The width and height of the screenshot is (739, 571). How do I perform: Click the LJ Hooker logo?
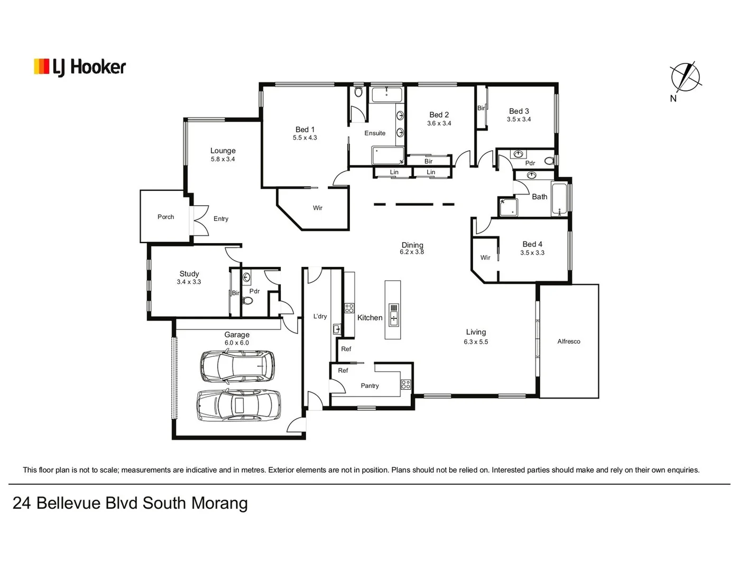click(80, 67)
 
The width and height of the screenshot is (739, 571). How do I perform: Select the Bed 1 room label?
click(305, 130)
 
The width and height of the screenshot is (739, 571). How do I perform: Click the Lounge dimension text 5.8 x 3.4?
click(223, 159)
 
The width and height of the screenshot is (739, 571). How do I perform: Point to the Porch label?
click(165, 217)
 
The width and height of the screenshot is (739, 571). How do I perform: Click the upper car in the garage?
click(237, 365)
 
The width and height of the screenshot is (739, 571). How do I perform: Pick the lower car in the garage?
click(238, 405)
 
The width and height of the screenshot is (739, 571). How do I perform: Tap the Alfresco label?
click(568, 342)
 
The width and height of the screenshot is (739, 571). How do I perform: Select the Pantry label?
click(369, 385)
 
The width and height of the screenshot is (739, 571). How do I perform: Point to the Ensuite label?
click(375, 133)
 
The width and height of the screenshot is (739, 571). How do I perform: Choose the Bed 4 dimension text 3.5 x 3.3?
click(532, 253)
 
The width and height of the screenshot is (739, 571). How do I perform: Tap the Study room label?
click(189, 273)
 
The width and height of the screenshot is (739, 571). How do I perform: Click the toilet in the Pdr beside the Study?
click(247, 301)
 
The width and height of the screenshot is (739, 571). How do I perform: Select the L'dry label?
click(320, 316)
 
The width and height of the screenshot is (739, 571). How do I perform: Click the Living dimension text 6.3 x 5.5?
click(476, 342)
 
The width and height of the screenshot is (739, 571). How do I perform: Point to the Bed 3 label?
click(519, 111)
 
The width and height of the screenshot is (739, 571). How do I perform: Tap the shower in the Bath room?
click(507, 207)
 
